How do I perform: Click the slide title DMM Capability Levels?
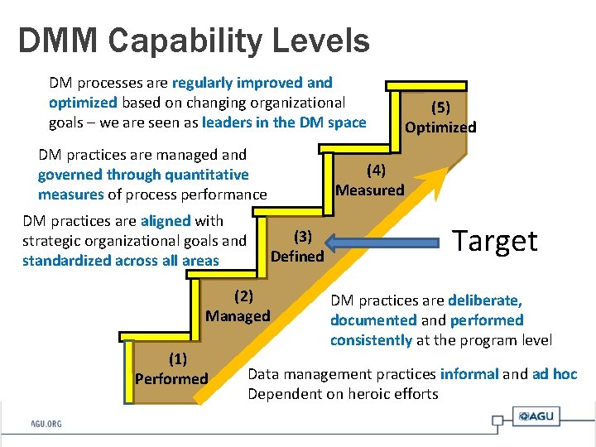pos(194,40)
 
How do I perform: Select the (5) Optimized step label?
pos(440,117)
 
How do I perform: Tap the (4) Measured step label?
pos(370,180)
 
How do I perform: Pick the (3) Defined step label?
pos(298,247)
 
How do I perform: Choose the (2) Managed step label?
pos(238,305)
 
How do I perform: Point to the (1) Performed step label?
pos(171,369)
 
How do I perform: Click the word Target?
pos(495,241)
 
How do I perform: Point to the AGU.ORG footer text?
pos(46,424)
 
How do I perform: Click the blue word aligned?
pos(166,221)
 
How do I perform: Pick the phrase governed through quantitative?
pos(143,175)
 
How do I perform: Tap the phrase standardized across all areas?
pos(121,261)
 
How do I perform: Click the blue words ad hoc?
pos(555,374)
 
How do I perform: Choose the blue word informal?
pos(469,374)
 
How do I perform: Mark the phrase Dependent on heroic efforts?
pos(343,394)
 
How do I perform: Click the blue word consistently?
pos(371,340)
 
